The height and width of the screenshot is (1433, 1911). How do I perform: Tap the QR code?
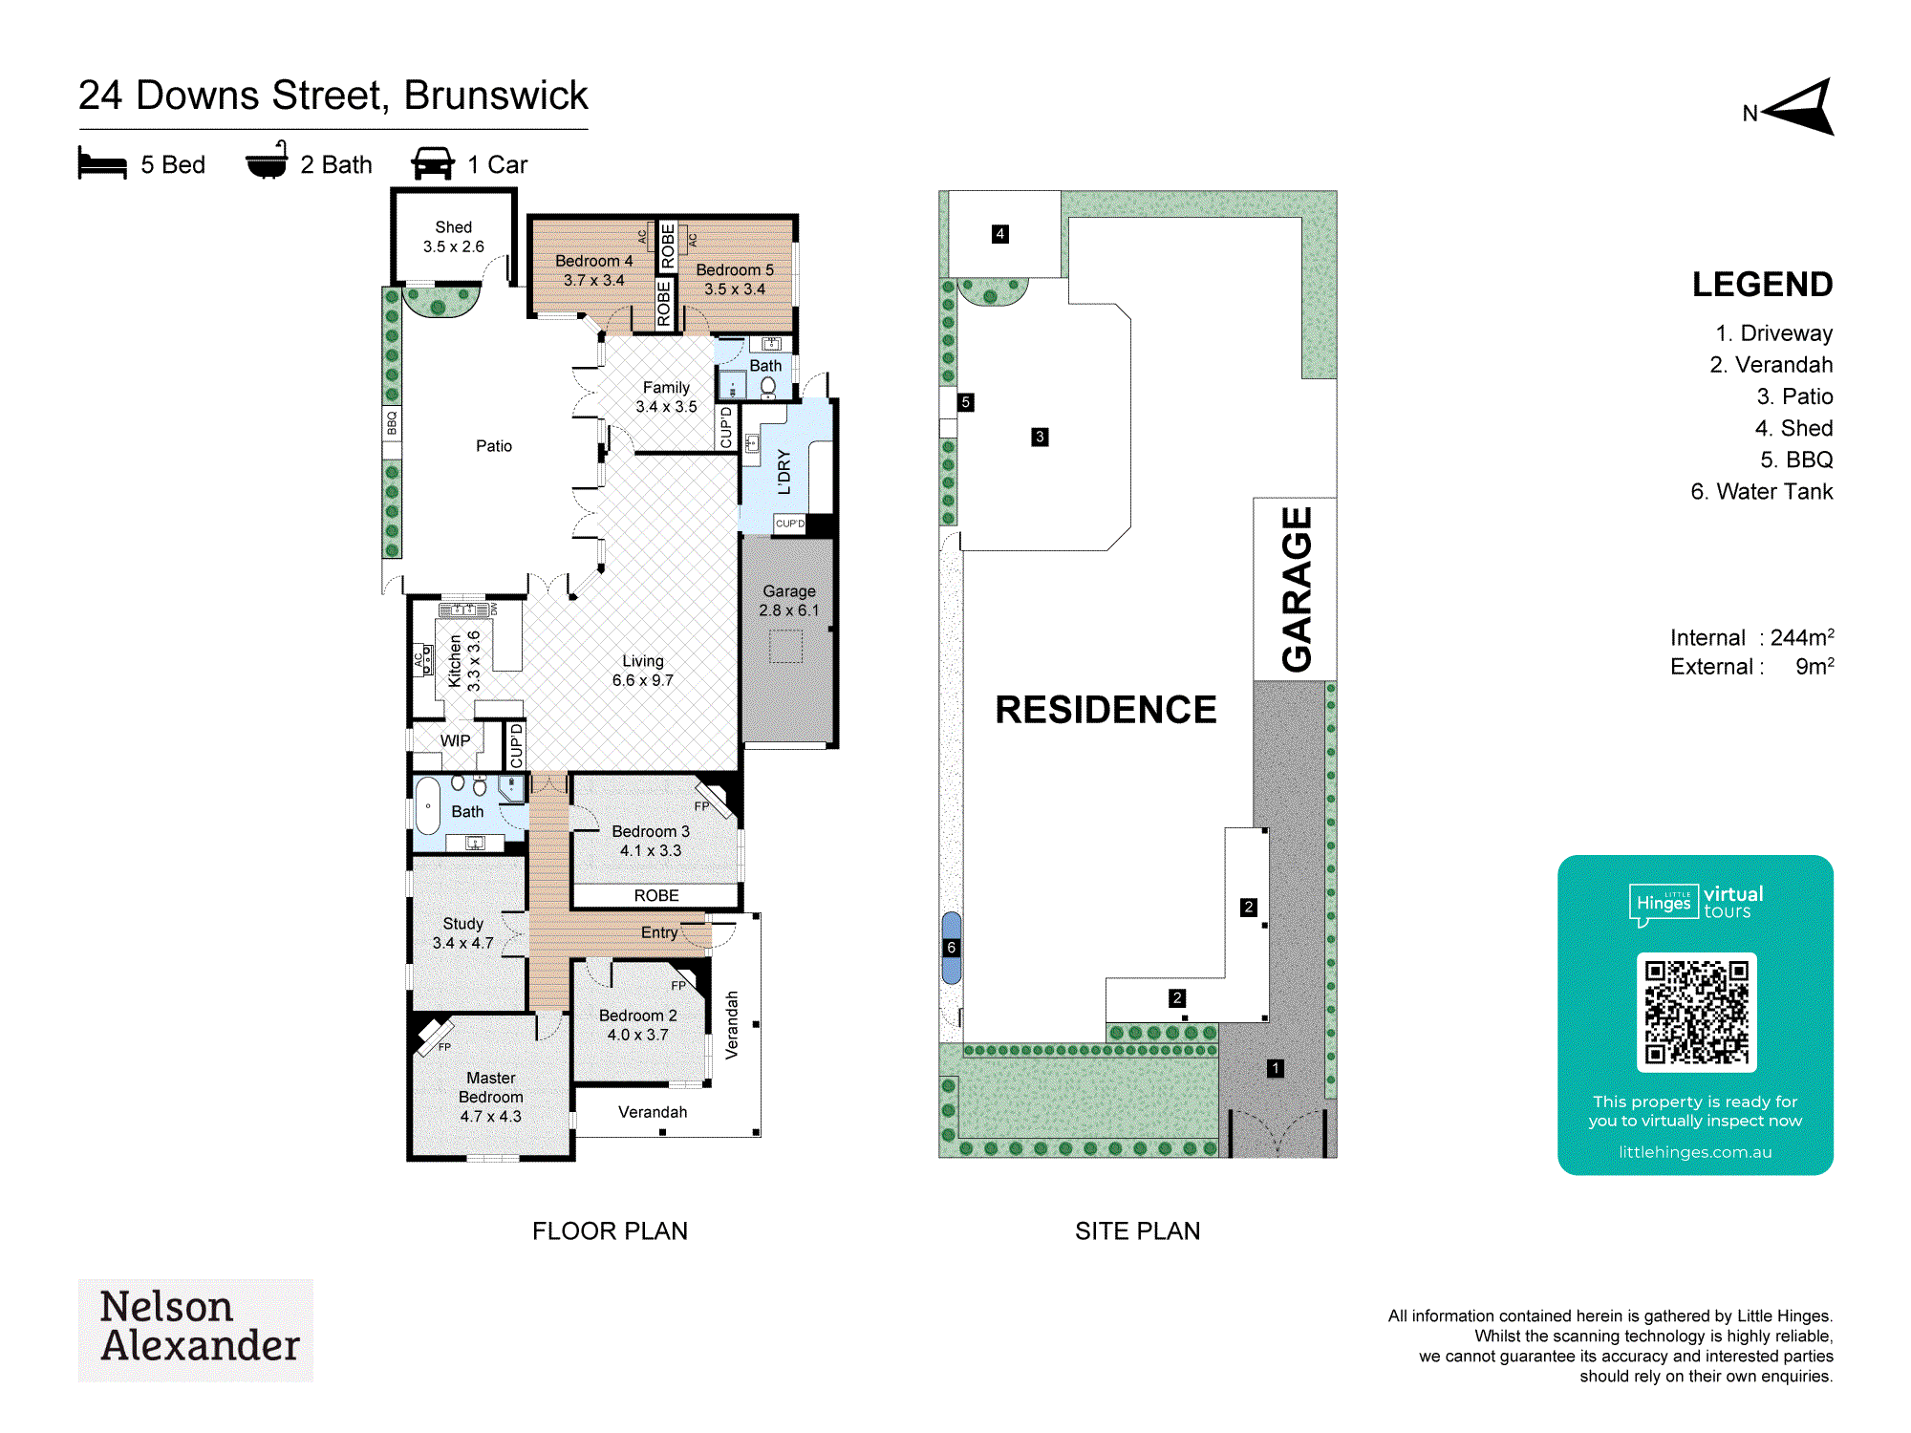coord(1696,1012)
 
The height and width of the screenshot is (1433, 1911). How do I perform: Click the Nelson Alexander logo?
coord(196,1330)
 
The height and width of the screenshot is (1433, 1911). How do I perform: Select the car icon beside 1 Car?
coord(433,163)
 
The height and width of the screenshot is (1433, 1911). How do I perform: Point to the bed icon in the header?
coord(102,163)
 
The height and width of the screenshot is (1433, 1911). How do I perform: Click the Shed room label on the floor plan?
coord(454,237)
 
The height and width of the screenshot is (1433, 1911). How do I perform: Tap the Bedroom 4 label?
coord(593,270)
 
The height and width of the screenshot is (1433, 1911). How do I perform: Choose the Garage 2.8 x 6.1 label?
coord(789,601)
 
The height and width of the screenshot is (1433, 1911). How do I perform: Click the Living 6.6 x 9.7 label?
coord(643,671)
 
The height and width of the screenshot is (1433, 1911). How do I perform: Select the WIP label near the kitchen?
coord(455,741)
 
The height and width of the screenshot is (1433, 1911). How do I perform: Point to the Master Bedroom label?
coord(491,1097)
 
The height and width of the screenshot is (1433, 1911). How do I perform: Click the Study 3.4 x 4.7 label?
coord(463,933)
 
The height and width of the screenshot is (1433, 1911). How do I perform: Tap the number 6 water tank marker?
coord(951,948)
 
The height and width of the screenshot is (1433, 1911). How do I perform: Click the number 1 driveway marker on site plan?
coord(1275,1068)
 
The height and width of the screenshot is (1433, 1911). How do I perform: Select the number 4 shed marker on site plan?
coord(999,234)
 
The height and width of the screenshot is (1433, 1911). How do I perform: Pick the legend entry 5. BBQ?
coord(1796,460)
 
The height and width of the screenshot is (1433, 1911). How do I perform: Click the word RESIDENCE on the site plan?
coord(1106,710)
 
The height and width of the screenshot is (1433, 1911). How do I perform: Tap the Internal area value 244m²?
coord(1802,637)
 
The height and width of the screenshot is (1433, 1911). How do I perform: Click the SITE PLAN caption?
coord(1137,1230)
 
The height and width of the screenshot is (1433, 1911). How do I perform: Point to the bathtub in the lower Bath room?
coord(428,806)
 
